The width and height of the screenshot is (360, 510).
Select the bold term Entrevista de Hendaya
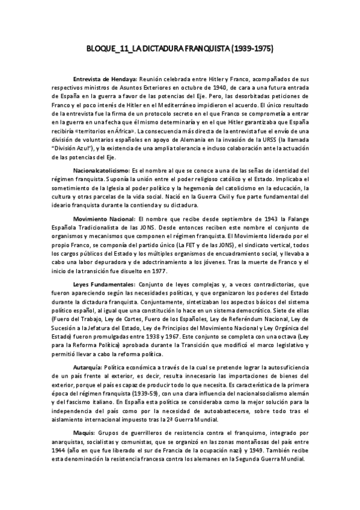[x=105, y=79]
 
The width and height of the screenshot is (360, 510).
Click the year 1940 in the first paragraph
[x=200, y=87]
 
